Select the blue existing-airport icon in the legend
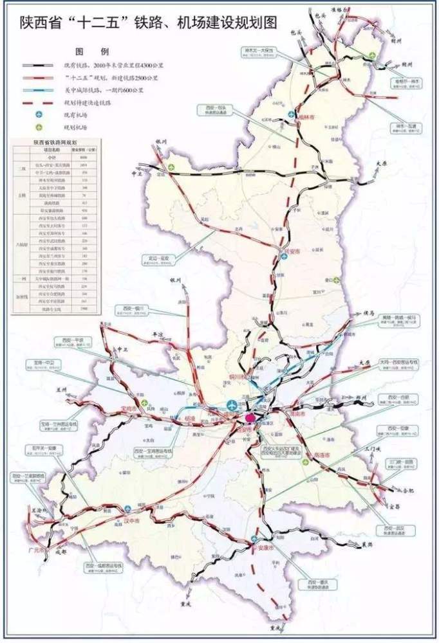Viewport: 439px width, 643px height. point(38,114)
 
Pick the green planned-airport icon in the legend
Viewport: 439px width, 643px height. point(38,127)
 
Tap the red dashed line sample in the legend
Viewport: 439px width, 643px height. point(38,102)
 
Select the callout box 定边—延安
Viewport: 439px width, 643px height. point(159,260)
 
